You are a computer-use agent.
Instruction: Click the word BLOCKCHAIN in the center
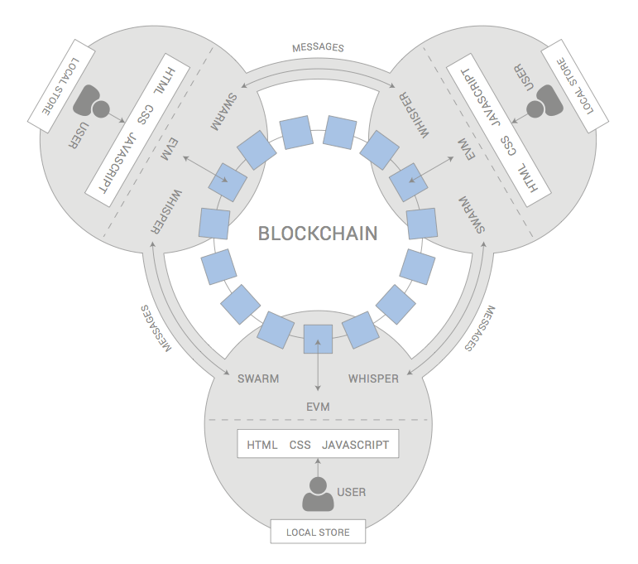pyautogui.click(x=318, y=234)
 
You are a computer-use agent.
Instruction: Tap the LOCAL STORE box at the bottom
pyautogui.click(x=318, y=532)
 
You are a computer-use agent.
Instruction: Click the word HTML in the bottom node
pyautogui.click(x=262, y=445)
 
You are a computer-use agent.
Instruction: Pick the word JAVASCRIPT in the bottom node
pyautogui.click(x=355, y=445)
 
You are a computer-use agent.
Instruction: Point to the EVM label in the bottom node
pyautogui.click(x=318, y=406)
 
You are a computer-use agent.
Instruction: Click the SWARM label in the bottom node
pyautogui.click(x=258, y=379)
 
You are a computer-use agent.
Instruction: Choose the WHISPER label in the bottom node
pyautogui.click(x=373, y=379)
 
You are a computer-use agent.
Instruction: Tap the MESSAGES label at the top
pyautogui.click(x=318, y=47)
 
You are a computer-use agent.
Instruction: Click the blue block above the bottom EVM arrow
pyautogui.click(x=318, y=340)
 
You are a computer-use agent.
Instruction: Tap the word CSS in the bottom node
pyautogui.click(x=300, y=445)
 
